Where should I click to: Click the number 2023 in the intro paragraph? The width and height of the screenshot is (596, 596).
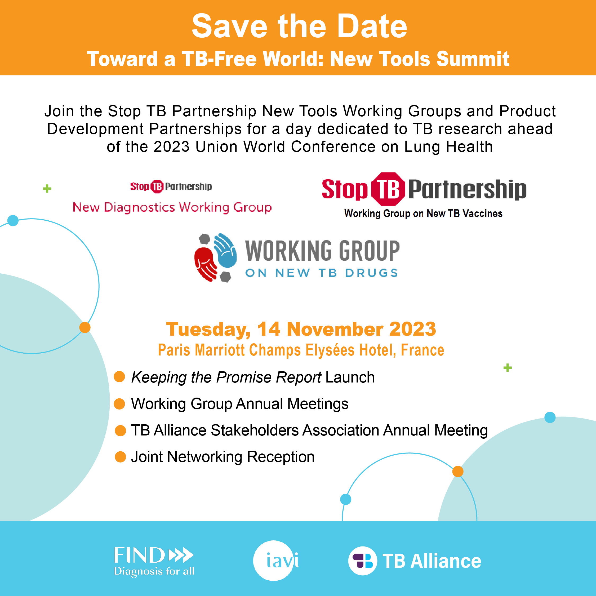click(x=172, y=146)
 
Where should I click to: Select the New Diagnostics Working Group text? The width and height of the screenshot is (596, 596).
click(x=172, y=207)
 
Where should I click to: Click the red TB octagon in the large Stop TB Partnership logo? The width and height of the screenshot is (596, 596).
click(x=388, y=189)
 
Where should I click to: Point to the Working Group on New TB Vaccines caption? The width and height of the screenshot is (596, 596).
click(x=423, y=214)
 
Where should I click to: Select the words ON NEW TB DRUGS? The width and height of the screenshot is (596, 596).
click(x=322, y=273)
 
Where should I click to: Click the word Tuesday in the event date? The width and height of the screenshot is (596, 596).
click(x=208, y=329)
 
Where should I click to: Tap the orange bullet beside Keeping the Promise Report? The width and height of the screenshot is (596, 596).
click(x=119, y=377)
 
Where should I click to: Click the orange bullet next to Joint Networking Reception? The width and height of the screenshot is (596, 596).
click(x=120, y=457)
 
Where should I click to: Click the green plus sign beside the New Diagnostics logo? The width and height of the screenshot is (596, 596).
click(x=47, y=189)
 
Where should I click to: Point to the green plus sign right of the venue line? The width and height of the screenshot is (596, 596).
click(x=508, y=367)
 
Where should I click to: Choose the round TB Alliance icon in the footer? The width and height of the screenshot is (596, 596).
click(x=362, y=561)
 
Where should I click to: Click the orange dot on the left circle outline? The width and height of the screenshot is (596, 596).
click(x=85, y=327)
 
